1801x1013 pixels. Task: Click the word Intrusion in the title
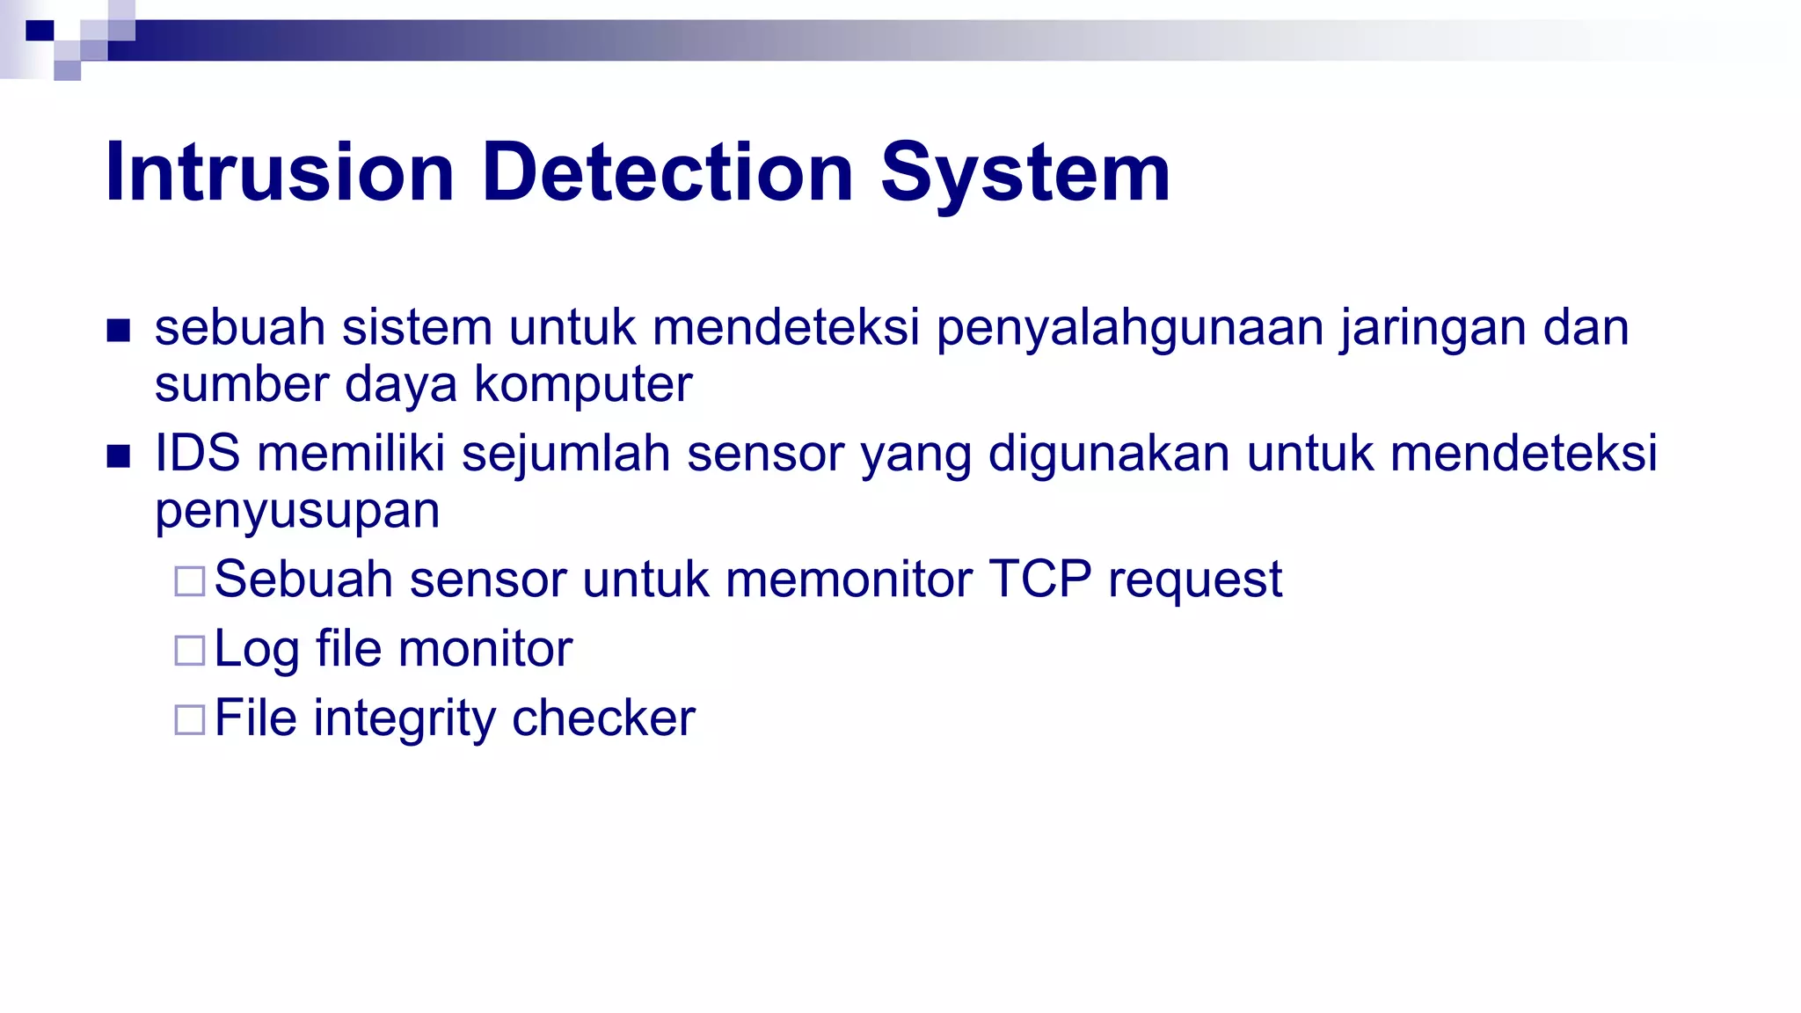coord(279,172)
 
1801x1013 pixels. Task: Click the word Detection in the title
coord(667,172)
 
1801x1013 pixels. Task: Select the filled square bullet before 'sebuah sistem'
coord(119,331)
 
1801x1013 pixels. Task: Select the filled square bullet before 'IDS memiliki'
coord(119,456)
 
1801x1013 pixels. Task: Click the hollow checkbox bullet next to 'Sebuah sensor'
coord(190,581)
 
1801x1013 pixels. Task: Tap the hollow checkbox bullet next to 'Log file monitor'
coord(190,651)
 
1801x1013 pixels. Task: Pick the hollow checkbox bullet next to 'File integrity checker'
coord(190,720)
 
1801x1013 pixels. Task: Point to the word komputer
coord(583,384)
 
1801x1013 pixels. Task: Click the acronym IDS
coord(197,454)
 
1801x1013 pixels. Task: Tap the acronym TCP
coord(1040,579)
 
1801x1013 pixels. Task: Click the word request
coord(1194,581)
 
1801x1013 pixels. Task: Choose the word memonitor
coord(849,579)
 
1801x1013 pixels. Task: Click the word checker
coord(603,718)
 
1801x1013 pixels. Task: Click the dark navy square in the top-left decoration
coord(40,32)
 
